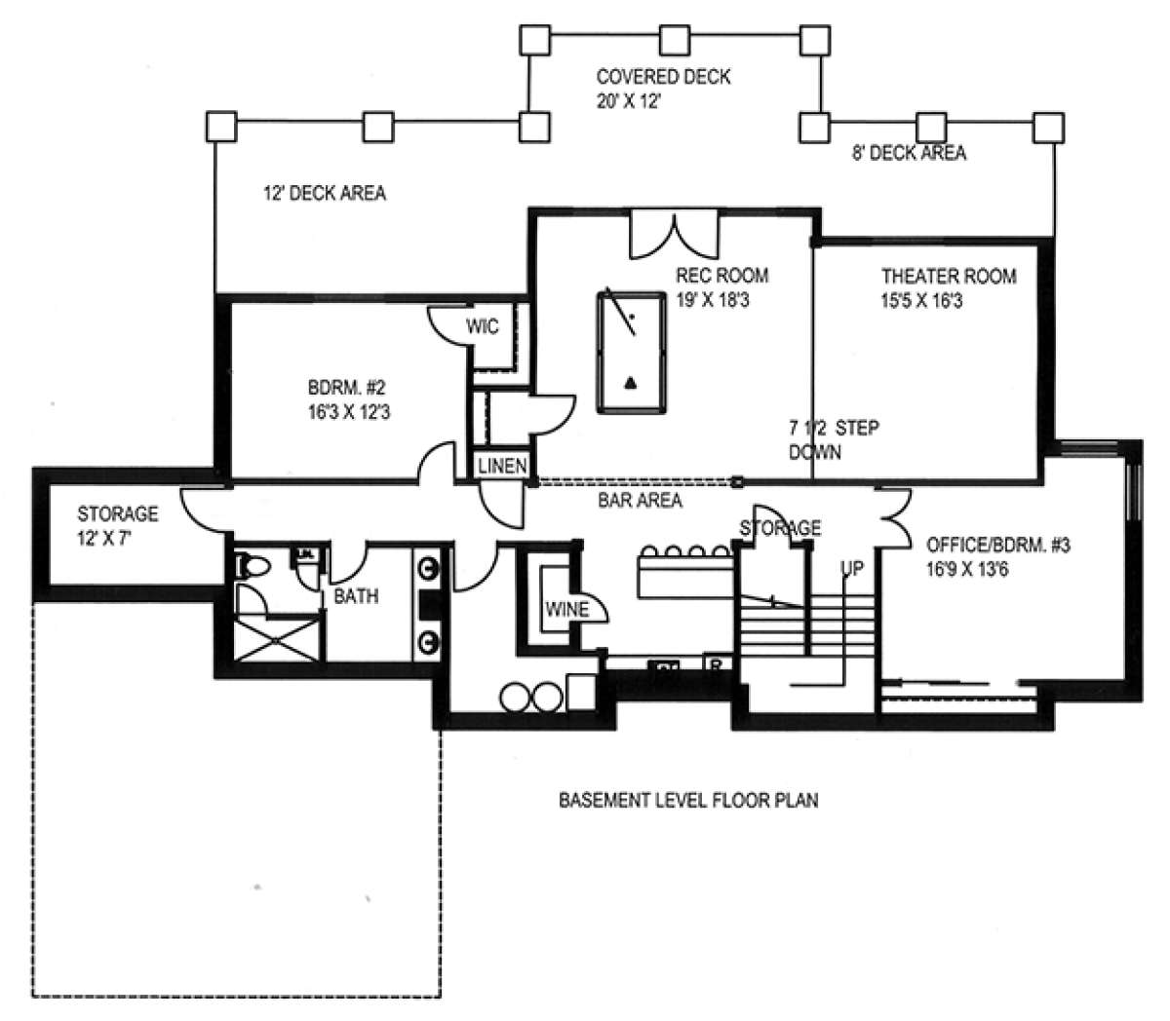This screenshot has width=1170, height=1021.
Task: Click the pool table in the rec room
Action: (632, 352)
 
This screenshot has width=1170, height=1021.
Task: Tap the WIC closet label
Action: (482, 326)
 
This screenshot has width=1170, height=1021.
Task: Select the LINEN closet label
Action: (503, 467)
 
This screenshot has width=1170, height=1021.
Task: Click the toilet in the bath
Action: (253, 566)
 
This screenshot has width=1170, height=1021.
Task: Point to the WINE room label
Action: (566, 610)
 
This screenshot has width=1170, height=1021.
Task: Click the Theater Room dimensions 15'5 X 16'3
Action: (921, 301)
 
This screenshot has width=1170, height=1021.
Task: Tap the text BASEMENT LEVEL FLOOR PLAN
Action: (688, 801)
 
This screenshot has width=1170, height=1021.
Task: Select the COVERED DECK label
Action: (663, 77)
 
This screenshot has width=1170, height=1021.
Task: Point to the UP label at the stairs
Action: (851, 569)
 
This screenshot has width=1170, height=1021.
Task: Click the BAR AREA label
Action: (640, 501)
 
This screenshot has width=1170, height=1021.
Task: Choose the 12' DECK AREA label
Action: (325, 194)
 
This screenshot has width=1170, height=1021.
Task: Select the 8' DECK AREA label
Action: (910, 153)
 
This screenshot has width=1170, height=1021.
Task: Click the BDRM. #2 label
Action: (346, 388)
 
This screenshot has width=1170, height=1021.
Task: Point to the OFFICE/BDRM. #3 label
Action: (997, 546)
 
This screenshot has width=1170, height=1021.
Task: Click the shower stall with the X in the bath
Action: (277, 639)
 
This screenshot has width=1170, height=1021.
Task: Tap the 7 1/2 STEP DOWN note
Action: (834, 440)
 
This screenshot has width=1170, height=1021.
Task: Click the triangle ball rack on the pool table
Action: (631, 383)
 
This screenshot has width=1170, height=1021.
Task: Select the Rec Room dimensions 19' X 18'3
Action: (713, 300)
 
